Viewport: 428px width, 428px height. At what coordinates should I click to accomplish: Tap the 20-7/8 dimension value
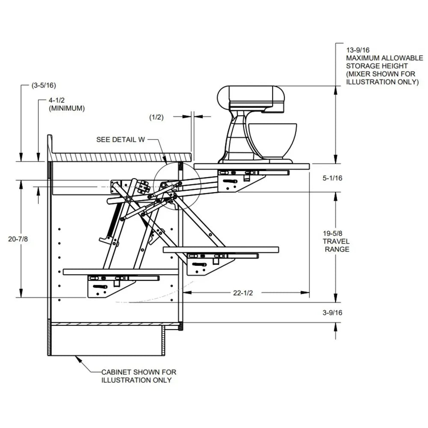18,239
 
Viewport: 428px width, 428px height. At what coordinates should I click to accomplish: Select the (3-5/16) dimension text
44,85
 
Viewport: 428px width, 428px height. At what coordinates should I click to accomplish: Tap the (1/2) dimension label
156,117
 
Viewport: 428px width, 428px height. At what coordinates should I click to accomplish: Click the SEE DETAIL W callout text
120,140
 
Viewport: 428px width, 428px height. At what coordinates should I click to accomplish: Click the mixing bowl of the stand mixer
272,140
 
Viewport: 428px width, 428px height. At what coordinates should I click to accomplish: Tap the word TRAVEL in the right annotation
337,241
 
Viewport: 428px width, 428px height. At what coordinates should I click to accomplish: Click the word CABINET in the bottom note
116,372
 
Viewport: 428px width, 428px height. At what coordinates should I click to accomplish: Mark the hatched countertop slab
120,157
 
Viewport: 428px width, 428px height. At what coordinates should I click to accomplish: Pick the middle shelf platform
220,249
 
